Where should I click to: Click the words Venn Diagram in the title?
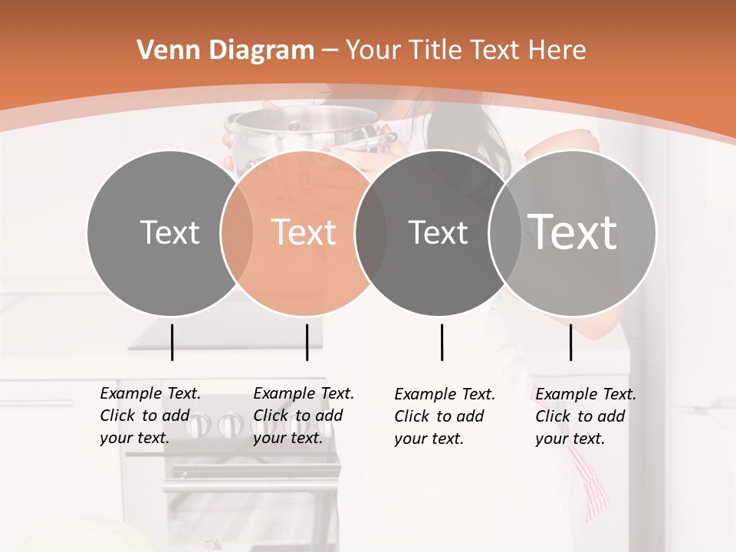pyautogui.click(x=225, y=51)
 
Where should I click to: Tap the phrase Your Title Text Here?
pyautogui.click(x=465, y=51)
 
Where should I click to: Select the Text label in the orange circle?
pyautogui.click(x=304, y=232)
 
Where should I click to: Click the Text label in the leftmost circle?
pyautogui.click(x=169, y=232)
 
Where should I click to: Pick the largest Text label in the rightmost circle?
pyautogui.click(x=573, y=232)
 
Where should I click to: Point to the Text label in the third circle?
pyautogui.click(x=438, y=232)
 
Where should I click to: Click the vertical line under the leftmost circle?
pyautogui.click(x=172, y=342)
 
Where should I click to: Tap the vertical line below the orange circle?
pyautogui.click(x=307, y=342)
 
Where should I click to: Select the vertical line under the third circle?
pyautogui.click(x=442, y=342)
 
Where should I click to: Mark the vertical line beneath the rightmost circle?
pyautogui.click(x=571, y=342)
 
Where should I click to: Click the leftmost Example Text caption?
pyautogui.click(x=149, y=416)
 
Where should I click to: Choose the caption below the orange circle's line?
pyautogui.click(x=303, y=416)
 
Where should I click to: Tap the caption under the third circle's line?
pyautogui.click(x=444, y=416)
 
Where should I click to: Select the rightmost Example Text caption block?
pyautogui.click(x=585, y=416)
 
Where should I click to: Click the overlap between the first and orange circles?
pyautogui.click(x=237, y=232)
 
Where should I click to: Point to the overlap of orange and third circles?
pyautogui.click(x=370, y=232)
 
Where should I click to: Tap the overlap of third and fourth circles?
pyautogui.click(x=504, y=232)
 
